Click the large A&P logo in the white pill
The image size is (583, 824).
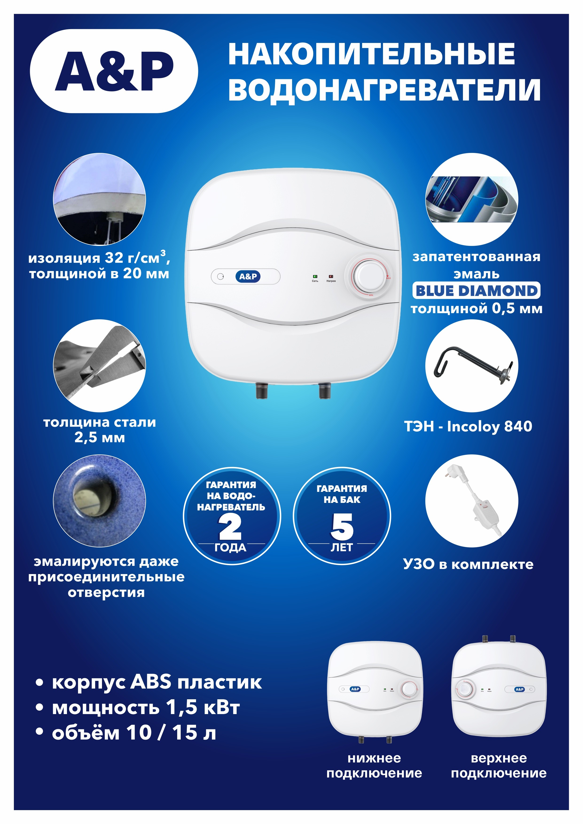pos(114,71)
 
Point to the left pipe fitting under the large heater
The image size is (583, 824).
pos(261,391)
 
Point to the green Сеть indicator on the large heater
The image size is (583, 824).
pos(315,276)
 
